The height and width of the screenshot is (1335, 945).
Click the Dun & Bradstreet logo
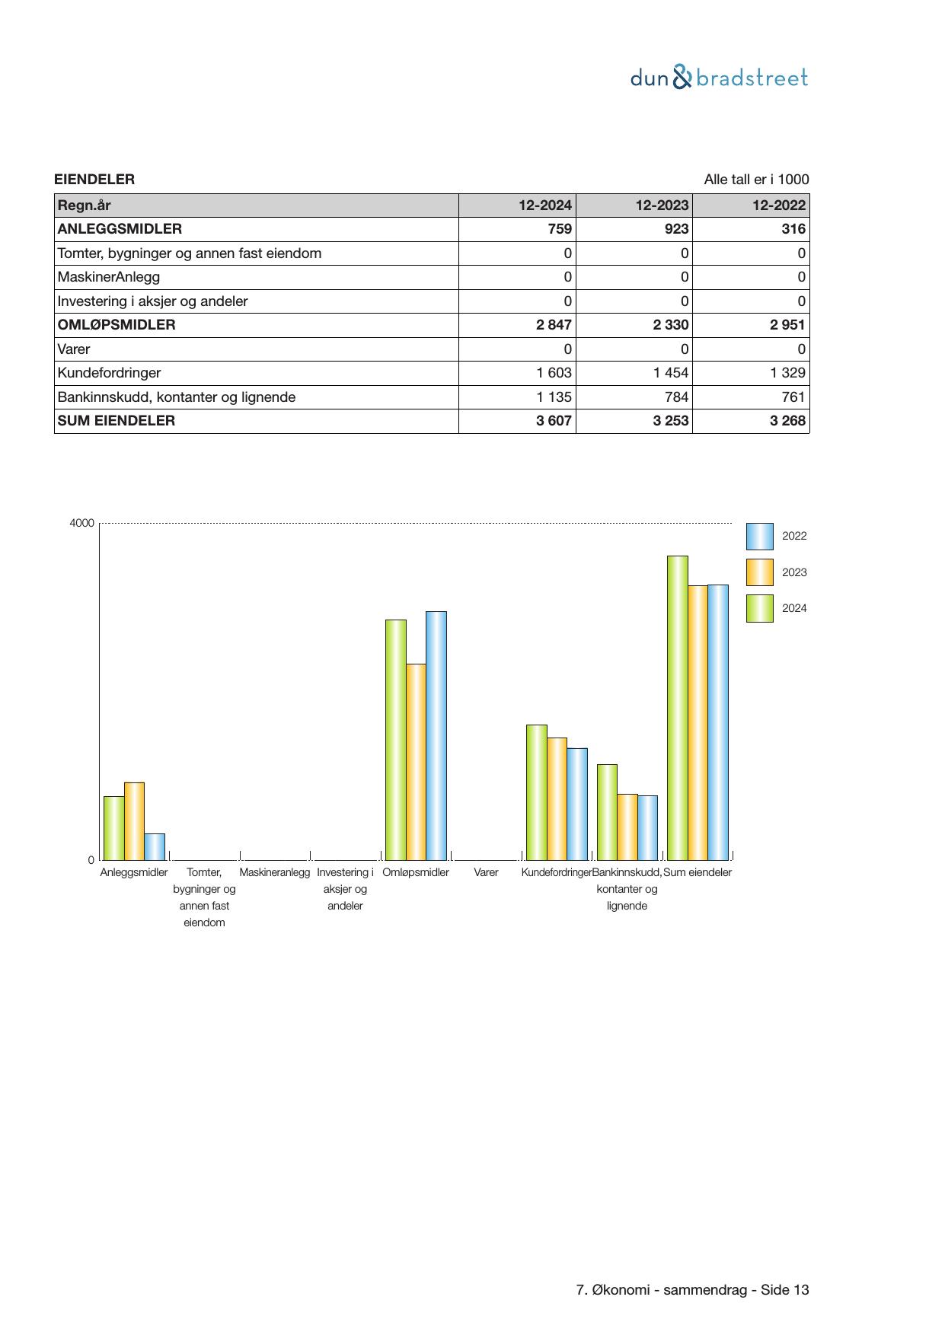719,78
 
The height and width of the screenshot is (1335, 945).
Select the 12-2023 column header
662,206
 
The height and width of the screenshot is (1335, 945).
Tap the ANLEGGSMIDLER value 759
560,229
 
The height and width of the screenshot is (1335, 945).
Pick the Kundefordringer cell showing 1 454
671,373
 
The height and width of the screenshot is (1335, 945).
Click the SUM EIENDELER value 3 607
554,421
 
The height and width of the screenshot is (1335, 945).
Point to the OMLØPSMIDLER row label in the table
117,325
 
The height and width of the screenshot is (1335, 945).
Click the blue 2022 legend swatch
759,537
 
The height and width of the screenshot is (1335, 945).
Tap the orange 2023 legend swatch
759,572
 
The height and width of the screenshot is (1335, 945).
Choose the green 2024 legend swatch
759,608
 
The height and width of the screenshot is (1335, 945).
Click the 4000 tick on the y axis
82,523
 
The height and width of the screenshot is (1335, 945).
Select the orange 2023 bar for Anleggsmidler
134,821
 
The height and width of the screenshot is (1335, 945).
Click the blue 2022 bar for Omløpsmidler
436,735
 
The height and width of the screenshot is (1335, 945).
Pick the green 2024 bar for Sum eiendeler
677,708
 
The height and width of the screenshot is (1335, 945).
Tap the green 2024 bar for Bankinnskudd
607,812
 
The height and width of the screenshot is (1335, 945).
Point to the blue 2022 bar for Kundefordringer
577,804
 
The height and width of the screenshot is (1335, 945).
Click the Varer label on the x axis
486,872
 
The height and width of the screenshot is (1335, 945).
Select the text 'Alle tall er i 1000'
756,180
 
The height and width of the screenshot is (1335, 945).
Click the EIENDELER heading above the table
94,180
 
